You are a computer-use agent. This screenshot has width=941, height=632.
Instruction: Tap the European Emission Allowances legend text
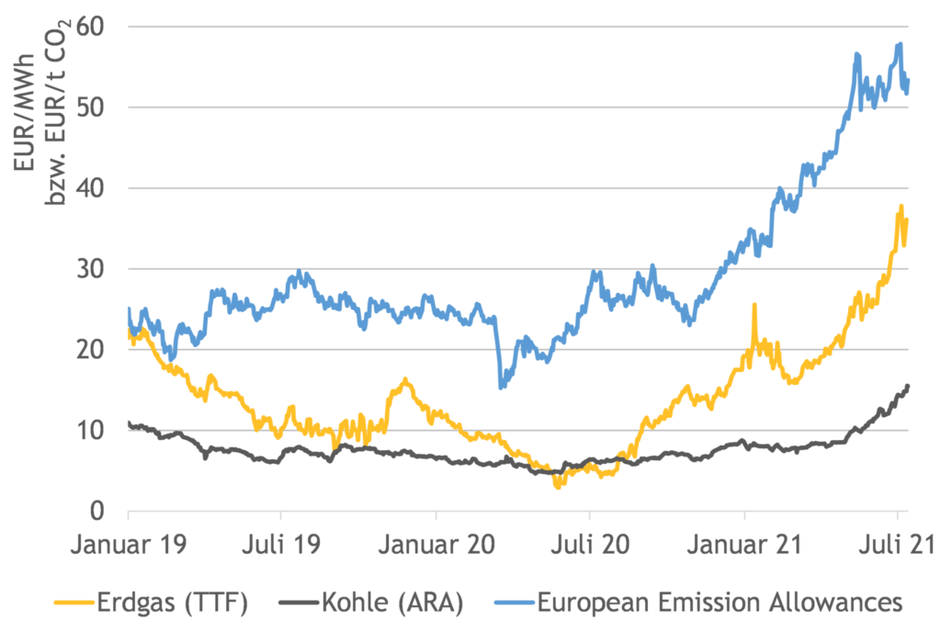(x=718, y=604)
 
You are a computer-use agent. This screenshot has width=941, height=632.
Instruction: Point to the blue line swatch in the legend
(x=509, y=604)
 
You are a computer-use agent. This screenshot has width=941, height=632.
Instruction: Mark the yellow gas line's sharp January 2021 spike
(x=754, y=305)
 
